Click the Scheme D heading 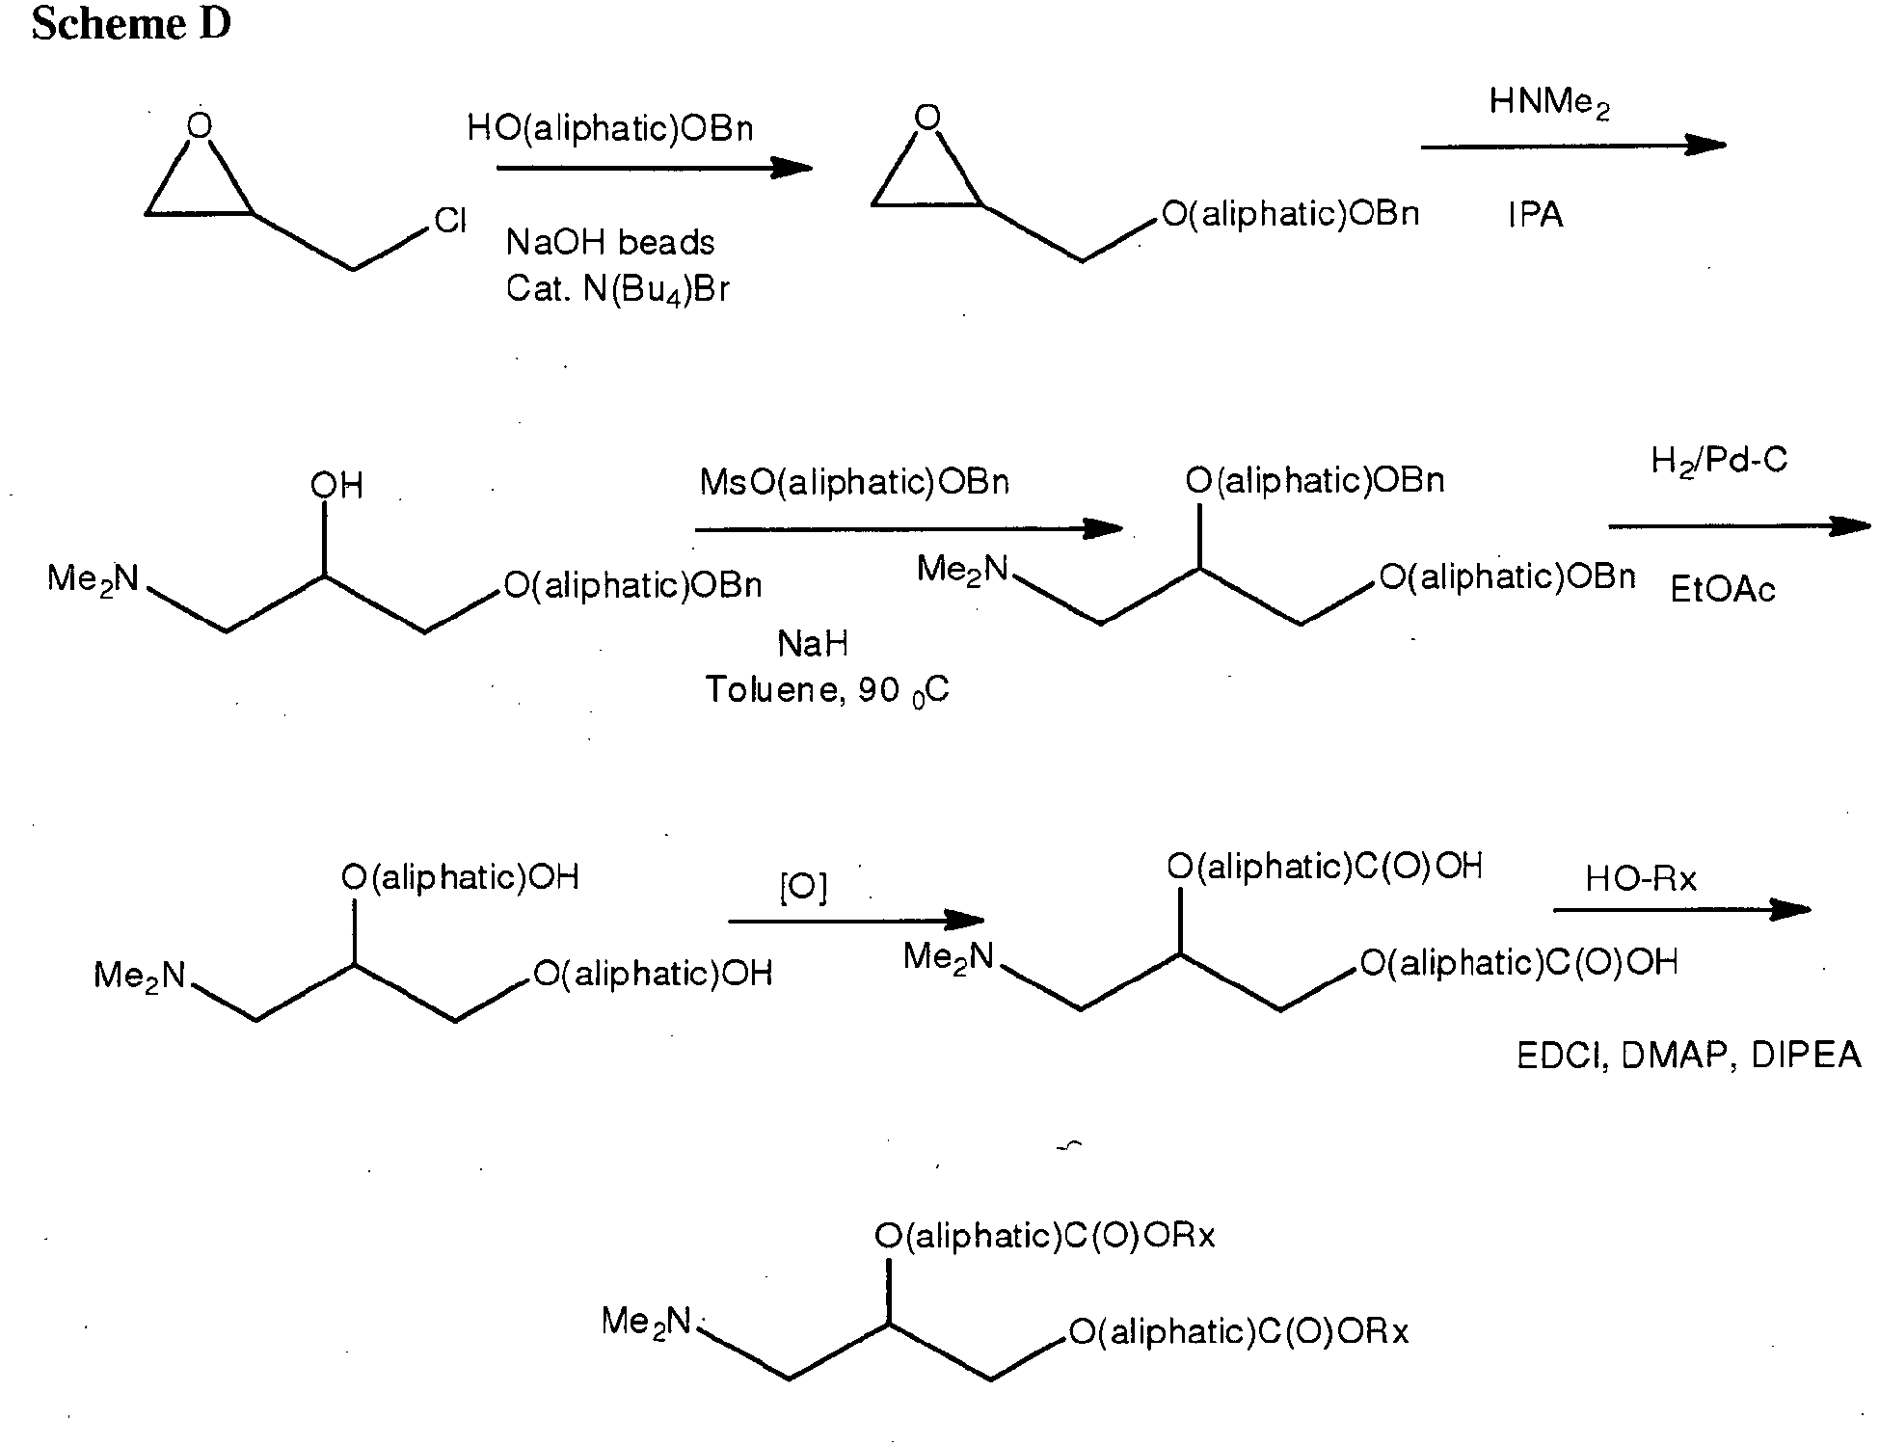coord(131,24)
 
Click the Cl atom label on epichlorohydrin coord(450,221)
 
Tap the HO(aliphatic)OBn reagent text coord(610,128)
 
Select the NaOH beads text coord(610,242)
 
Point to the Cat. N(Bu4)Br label coord(617,289)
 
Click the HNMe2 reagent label coord(1549,102)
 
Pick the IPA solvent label coord(1536,215)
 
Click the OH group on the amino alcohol coord(336,485)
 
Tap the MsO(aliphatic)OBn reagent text coord(854,481)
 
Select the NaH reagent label coord(813,643)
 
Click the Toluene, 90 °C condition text coord(827,690)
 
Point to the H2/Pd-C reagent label coord(1719,461)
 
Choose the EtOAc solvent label coord(1723,589)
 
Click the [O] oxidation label coord(803,888)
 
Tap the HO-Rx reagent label coord(1641,878)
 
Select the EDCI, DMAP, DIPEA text coord(1689,1056)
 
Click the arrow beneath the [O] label coord(856,921)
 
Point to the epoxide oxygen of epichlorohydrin coord(200,126)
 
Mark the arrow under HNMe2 coord(1573,147)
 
